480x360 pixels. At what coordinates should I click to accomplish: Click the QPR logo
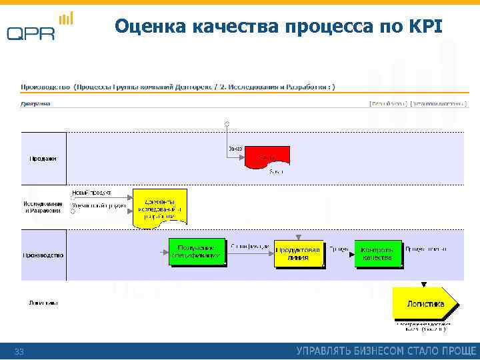coord(31,33)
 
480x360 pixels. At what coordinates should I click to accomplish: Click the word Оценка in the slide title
coord(150,26)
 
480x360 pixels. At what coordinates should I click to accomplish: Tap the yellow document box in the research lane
coord(159,207)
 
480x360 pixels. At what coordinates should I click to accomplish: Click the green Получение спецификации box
coord(197,251)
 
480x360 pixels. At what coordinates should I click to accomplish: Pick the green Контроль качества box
coord(377,253)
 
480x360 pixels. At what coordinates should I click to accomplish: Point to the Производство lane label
coord(43,255)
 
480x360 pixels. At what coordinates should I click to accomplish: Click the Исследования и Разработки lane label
coord(43,207)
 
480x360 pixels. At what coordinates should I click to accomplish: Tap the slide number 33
coord(19,351)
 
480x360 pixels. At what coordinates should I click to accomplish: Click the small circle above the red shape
coord(227,124)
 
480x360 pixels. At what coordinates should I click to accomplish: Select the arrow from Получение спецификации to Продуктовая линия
coord(249,252)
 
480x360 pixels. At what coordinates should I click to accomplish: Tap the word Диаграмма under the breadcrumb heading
coord(35,103)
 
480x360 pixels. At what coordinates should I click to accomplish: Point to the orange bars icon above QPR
coord(65,18)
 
